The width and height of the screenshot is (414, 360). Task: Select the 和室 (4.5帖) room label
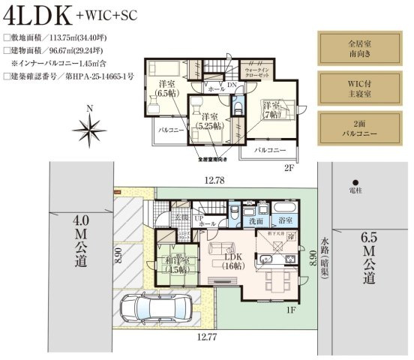[178, 265]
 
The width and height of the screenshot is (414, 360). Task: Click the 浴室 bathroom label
[285, 222]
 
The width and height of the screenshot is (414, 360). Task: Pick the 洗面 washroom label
[256, 222]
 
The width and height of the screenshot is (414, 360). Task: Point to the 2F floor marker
[289, 168]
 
